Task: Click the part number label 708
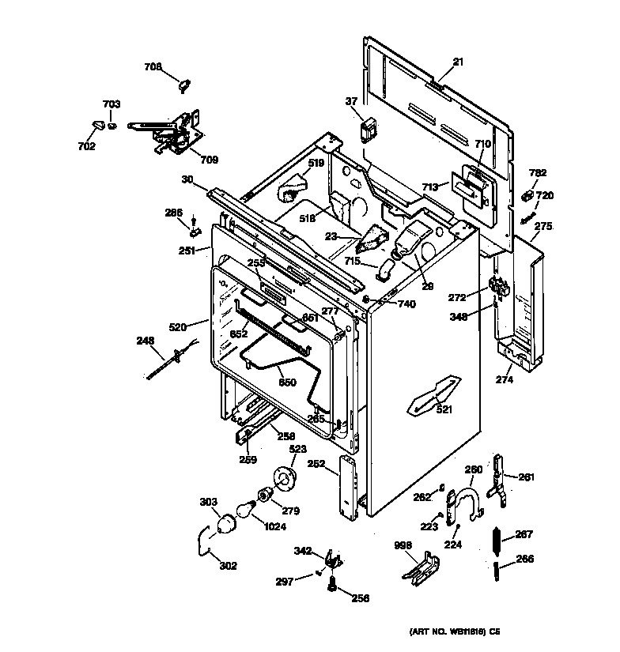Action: (153, 67)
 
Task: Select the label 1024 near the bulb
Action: (276, 528)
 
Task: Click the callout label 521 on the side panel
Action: (444, 409)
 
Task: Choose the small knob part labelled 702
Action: (98, 124)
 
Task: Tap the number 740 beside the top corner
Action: (406, 303)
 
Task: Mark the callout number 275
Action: (542, 226)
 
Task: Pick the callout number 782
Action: (537, 173)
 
